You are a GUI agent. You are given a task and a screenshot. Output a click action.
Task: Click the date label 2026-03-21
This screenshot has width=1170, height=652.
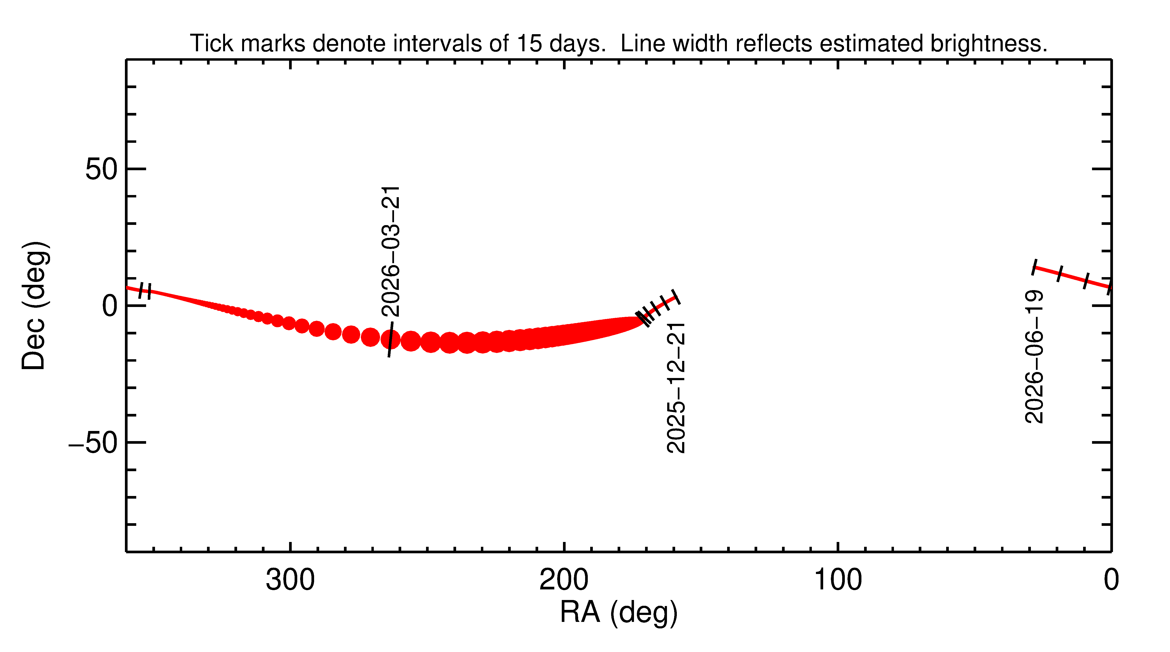click(x=391, y=251)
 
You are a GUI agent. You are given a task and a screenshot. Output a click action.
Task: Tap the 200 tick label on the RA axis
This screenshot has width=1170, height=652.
click(x=564, y=580)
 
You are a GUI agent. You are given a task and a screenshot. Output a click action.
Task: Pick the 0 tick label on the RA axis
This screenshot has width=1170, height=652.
click(x=1111, y=580)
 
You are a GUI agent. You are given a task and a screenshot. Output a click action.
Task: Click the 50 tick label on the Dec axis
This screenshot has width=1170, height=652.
click(x=101, y=170)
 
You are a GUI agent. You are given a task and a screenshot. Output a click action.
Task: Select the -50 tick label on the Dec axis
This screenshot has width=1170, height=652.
click(x=93, y=443)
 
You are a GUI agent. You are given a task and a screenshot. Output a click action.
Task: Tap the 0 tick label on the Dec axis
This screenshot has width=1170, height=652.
click(x=110, y=306)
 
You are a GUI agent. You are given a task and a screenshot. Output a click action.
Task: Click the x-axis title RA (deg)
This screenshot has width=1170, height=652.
click(x=619, y=613)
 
